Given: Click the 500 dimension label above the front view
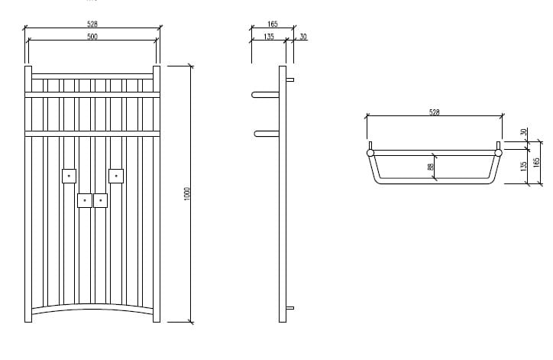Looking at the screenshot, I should click(92, 36).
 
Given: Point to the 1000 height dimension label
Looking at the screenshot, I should click(186, 193).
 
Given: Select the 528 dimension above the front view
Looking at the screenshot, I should click(92, 24).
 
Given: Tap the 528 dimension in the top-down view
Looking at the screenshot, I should click(434, 112).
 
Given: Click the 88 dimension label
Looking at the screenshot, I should click(430, 167).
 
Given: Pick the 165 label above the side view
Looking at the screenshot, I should click(273, 24).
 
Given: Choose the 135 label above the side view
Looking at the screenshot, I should click(269, 36).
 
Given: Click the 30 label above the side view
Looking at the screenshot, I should click(302, 36).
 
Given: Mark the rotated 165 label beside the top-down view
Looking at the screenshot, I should click(536, 163).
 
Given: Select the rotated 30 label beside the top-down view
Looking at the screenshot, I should click(523, 132).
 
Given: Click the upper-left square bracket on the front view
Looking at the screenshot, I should click(69, 176).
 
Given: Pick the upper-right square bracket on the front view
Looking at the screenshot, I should click(116, 176).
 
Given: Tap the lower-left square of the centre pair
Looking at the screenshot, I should click(85, 200).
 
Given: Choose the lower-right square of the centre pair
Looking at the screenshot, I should click(100, 200).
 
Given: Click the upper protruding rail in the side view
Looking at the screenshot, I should click(266, 96).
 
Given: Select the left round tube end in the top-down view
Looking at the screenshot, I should click(370, 153).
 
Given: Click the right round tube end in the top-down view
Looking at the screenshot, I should click(498, 153).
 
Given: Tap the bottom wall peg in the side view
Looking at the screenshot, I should click(290, 308).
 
